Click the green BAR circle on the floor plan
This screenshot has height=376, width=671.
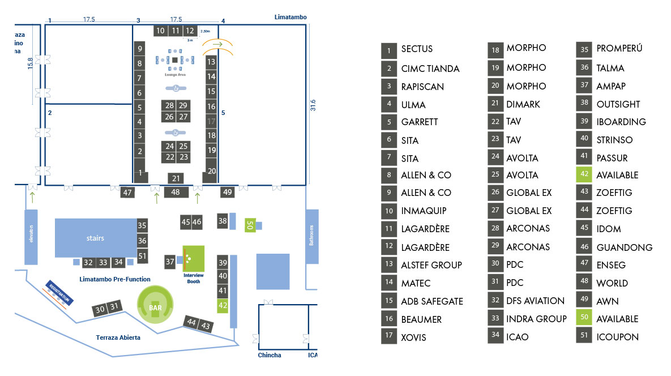point(155,305)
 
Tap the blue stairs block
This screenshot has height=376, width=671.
point(96,238)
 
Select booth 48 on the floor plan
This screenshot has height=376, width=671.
point(176,192)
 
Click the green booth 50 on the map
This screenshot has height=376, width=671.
point(250,225)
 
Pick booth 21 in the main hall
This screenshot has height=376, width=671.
point(176,178)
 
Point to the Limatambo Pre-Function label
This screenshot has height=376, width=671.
point(115,279)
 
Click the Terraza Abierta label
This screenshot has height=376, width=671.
point(118,337)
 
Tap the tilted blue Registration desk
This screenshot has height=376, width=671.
point(59,293)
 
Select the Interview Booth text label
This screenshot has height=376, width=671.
point(194,279)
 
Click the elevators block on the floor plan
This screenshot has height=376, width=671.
point(31,237)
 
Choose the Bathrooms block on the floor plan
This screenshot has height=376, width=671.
point(312,236)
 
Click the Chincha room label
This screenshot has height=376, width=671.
point(270,355)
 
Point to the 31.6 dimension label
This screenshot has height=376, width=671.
point(313,105)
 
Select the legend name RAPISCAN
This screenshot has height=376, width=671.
point(422,87)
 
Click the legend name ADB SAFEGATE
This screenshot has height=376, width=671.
point(432,302)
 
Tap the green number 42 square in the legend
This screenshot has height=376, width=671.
point(584,174)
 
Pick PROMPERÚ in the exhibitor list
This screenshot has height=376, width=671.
point(619,48)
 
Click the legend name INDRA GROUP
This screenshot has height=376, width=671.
point(536,319)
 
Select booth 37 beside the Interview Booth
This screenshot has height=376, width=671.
point(170,262)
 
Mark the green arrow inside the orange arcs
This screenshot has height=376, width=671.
point(218,44)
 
